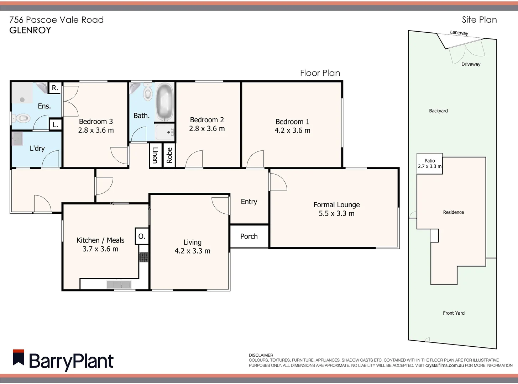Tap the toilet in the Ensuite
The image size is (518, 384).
click(x=22, y=118)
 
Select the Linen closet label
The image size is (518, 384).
click(x=155, y=155)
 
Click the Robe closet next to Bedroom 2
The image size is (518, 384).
click(x=169, y=155)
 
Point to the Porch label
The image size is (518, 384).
click(x=249, y=236)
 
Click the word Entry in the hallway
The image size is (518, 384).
click(x=249, y=202)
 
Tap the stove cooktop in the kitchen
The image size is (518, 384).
click(x=144, y=257)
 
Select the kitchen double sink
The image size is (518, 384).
click(x=119, y=284)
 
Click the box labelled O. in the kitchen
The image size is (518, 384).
click(x=142, y=236)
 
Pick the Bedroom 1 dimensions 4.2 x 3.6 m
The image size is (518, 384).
click(x=292, y=130)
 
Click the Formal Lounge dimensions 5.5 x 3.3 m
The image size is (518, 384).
click(x=336, y=213)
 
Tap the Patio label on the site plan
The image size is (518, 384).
click(x=430, y=161)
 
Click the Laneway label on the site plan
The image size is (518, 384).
click(x=459, y=33)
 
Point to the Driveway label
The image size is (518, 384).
click(x=471, y=64)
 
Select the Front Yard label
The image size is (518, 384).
click(x=454, y=313)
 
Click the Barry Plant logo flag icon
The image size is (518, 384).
click(x=19, y=358)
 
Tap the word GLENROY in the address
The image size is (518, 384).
click(x=30, y=30)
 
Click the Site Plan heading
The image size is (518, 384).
click(x=479, y=20)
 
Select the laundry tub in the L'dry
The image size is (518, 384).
click(x=17, y=139)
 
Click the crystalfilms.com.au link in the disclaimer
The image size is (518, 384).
click(x=444, y=365)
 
